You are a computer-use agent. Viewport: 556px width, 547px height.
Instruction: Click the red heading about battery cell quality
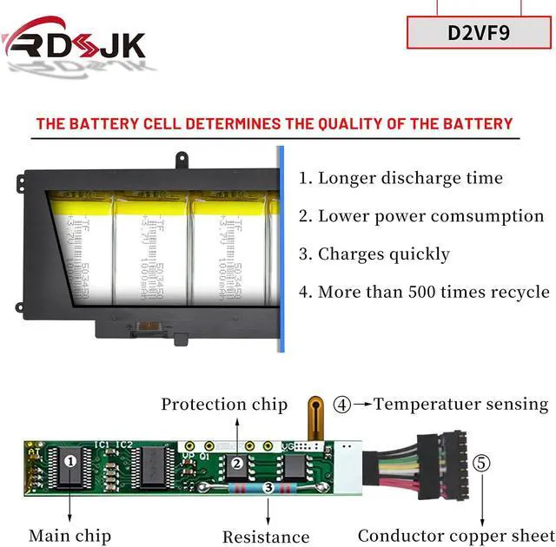[x=275, y=123]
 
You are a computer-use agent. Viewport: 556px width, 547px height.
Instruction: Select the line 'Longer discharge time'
[x=401, y=178]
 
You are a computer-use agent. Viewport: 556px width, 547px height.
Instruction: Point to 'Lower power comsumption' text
[x=422, y=216]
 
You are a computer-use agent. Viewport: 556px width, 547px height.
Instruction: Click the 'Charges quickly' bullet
[x=374, y=254]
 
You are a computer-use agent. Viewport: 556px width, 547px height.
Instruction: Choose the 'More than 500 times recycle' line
[x=425, y=292]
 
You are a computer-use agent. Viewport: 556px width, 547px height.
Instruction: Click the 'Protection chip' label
[x=224, y=404]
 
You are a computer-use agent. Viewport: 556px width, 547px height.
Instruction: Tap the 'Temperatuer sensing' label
[x=461, y=404]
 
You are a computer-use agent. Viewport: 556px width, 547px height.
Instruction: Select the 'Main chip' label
[x=70, y=536]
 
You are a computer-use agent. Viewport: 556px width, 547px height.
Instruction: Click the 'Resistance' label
[x=266, y=537]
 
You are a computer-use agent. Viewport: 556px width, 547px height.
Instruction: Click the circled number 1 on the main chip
[x=70, y=461]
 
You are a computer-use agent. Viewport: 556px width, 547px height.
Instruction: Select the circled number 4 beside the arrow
[x=343, y=404]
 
